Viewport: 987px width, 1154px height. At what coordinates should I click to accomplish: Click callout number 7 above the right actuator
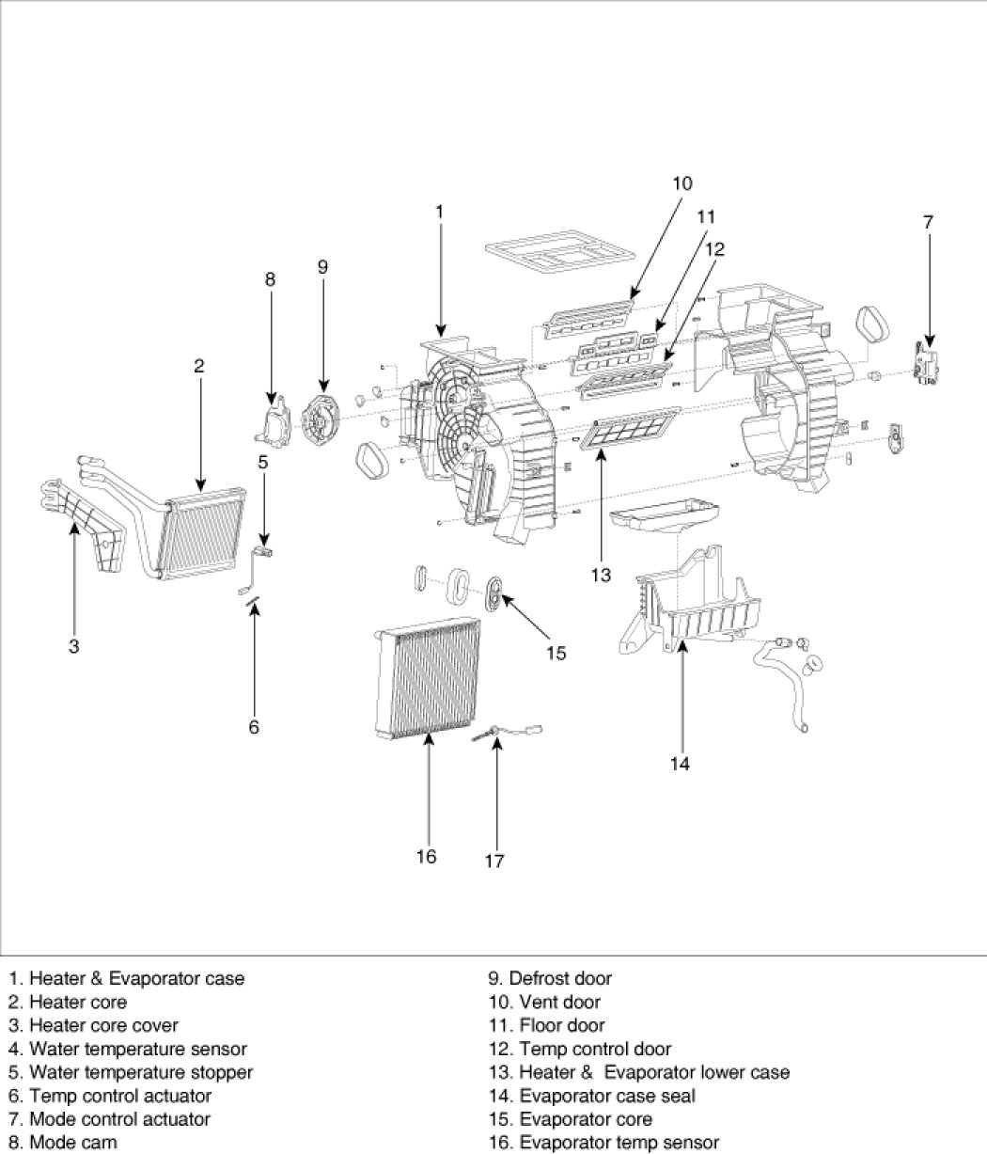[928, 222]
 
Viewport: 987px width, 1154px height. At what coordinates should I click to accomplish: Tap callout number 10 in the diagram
[681, 183]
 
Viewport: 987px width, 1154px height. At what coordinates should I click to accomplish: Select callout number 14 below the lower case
[680, 763]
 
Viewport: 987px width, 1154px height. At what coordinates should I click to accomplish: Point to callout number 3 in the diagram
[73, 646]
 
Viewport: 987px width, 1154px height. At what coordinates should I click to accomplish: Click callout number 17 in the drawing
[494, 861]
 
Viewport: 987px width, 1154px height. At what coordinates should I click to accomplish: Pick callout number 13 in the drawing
[601, 575]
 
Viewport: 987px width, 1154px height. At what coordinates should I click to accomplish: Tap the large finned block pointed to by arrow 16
[428, 678]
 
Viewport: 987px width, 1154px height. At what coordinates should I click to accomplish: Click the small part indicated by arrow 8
[274, 420]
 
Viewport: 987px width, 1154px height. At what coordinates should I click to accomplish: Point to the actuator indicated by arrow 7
[925, 362]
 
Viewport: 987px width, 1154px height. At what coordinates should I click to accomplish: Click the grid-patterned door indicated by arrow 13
[630, 428]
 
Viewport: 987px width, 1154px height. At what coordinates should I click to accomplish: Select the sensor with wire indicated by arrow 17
[508, 733]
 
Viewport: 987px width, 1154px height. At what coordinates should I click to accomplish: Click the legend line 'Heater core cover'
[93, 1025]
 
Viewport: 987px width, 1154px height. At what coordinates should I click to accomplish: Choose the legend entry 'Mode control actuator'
[109, 1119]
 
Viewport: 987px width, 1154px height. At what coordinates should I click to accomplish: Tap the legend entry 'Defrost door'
[550, 978]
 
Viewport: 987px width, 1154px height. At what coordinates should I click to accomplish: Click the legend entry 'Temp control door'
[580, 1049]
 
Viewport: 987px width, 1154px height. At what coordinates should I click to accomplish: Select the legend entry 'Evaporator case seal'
[592, 1096]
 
